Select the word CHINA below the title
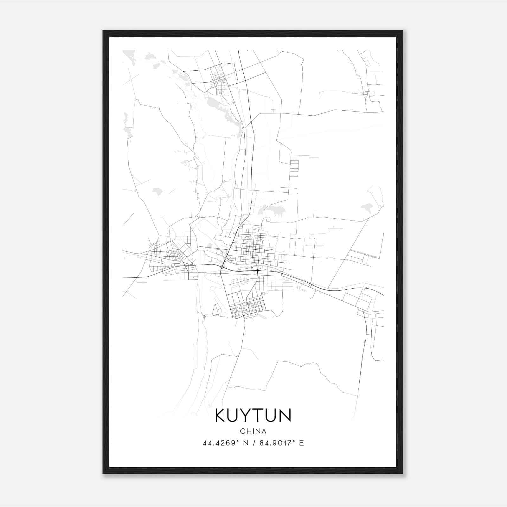pyautogui.click(x=253, y=431)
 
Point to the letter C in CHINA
pyautogui.click(x=242, y=431)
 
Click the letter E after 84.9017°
pyautogui.click(x=301, y=443)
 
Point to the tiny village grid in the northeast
pyautogui.click(x=367, y=94)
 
